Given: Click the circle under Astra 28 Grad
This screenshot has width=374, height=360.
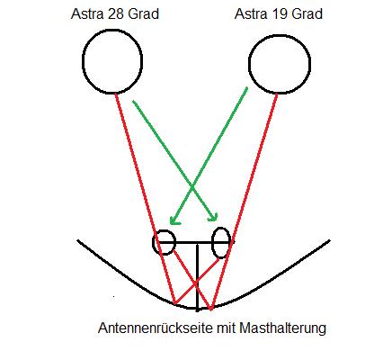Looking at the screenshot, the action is point(83,61).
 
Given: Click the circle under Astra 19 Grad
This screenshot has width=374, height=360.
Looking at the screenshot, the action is point(249,64).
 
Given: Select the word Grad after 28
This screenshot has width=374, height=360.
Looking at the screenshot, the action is point(143,14).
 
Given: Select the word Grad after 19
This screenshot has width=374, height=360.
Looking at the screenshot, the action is point(307,14).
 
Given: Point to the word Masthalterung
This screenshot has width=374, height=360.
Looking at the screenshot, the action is point(282,328).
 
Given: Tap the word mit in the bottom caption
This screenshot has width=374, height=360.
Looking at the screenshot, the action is point(226,328).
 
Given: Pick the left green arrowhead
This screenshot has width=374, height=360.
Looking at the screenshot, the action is point(174,221).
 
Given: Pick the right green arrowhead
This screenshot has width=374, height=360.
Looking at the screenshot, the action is point(213,217).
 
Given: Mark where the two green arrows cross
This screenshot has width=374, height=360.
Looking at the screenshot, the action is point(192,187).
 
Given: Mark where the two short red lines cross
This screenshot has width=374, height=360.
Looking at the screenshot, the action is point(195,283).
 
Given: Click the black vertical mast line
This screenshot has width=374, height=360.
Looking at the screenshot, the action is point(197,277).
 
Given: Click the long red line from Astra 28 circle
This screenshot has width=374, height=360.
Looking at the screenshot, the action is point(145,198).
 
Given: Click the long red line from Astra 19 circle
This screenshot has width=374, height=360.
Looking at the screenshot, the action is point(244,202).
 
